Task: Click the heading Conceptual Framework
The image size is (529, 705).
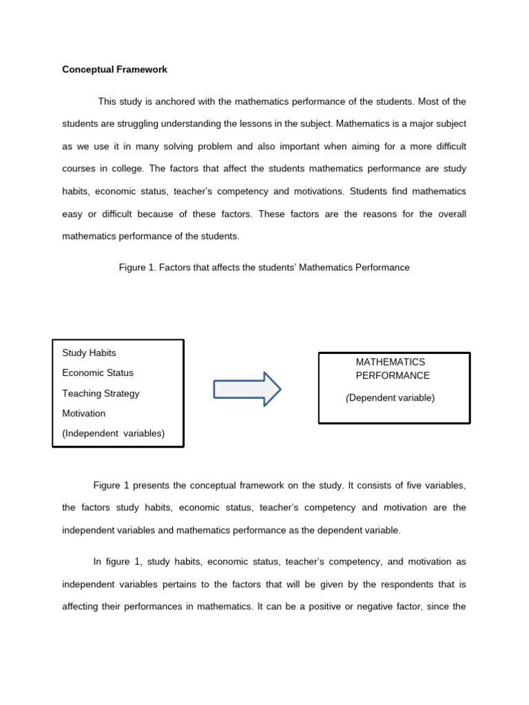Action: tap(114, 70)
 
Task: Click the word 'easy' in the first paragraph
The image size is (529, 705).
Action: tap(72, 214)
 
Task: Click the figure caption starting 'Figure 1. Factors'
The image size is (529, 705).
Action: tap(264, 267)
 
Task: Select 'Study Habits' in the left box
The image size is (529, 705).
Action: tap(89, 352)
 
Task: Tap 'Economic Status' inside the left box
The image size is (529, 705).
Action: tap(98, 372)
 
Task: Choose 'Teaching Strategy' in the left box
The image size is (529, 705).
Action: tap(101, 393)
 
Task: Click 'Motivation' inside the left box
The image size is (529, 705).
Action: tap(84, 413)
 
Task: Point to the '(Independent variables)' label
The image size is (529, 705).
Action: tap(113, 433)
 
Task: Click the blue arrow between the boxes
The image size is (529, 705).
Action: tap(247, 389)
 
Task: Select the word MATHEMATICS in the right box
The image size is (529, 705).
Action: tap(390, 361)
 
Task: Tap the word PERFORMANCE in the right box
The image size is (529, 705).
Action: tap(392, 375)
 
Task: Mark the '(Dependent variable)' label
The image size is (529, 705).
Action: tap(390, 397)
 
